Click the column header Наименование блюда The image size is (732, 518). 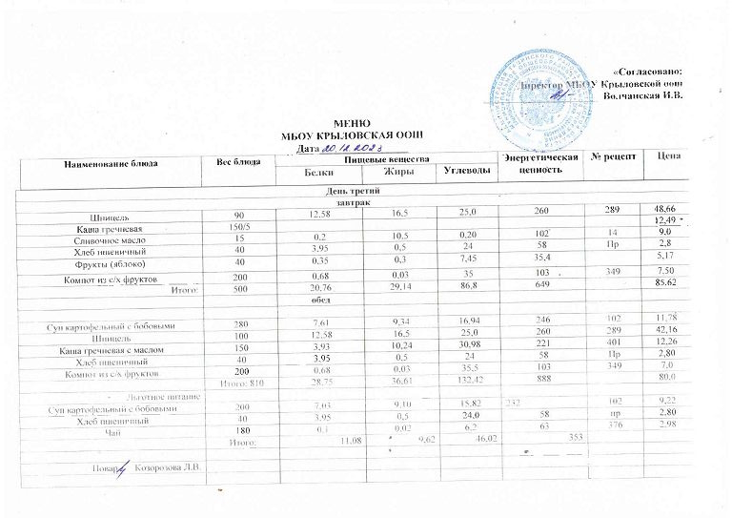point(112,163)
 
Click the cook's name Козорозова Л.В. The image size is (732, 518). point(169,466)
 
